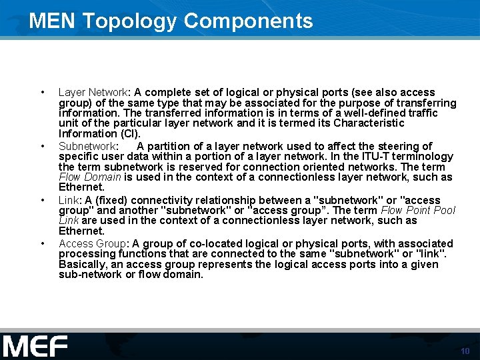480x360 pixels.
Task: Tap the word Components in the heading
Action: [x=248, y=21]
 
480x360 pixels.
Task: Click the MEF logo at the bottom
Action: [x=35, y=346]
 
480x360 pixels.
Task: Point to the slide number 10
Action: [x=465, y=351]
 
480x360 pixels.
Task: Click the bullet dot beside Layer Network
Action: [x=43, y=93]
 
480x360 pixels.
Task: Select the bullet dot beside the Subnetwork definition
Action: [x=43, y=146]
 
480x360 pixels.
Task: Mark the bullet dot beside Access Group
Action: [x=43, y=244]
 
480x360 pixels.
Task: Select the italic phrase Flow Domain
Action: [x=89, y=177]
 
